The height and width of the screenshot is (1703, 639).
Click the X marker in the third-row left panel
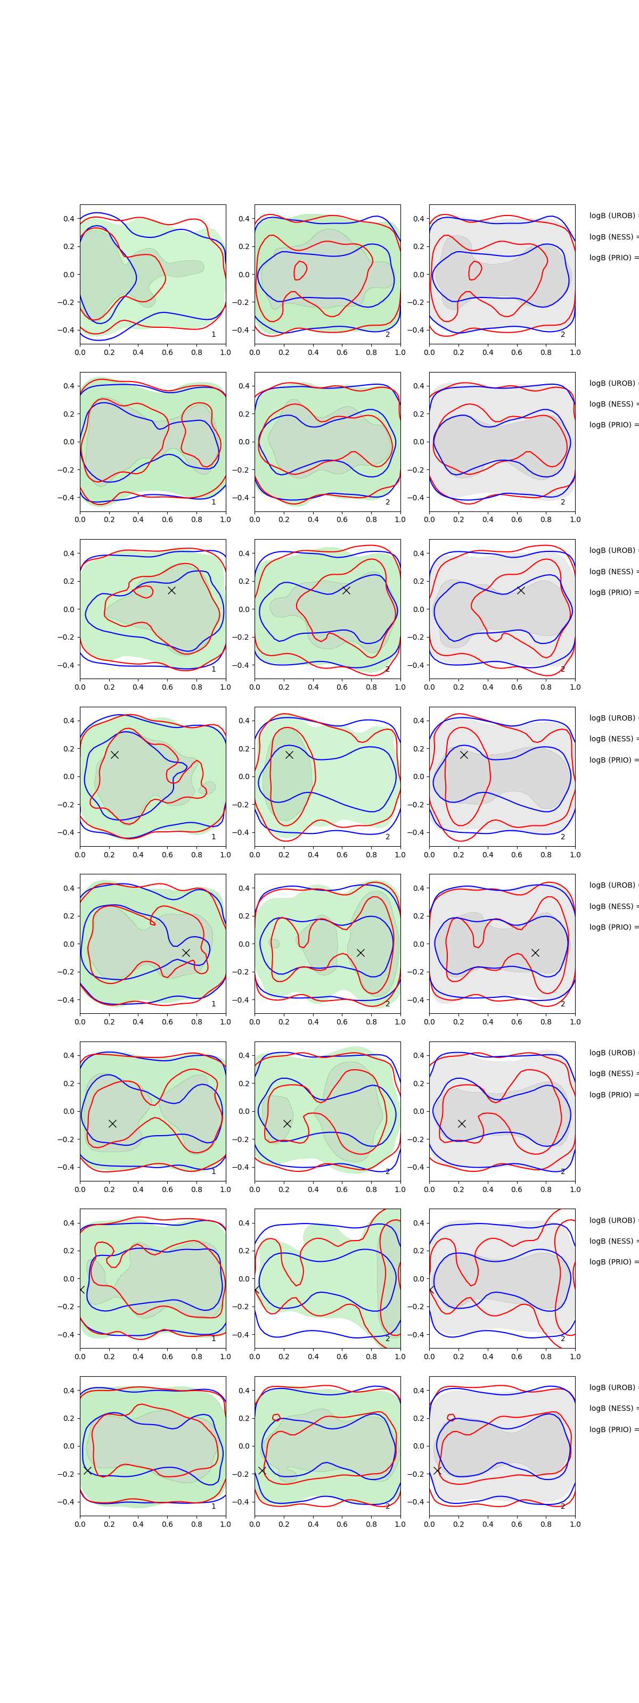171,590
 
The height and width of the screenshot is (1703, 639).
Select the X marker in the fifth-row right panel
535,953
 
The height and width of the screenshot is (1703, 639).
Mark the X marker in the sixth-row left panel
112,1123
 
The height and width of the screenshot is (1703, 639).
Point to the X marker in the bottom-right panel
437,1470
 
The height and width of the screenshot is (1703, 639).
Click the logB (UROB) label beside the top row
612,216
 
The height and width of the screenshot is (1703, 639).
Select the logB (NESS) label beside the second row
612,404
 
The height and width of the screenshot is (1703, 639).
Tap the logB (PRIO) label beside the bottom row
612,1429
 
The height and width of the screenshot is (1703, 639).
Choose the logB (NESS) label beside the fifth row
612,906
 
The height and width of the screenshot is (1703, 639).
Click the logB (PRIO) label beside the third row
612,592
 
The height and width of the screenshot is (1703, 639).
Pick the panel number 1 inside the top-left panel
214,335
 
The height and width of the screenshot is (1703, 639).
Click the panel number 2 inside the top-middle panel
388,335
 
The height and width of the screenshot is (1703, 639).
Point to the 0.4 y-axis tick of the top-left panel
68,219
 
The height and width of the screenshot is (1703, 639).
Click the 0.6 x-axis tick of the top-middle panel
342,352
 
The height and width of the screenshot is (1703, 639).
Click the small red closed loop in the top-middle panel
300,270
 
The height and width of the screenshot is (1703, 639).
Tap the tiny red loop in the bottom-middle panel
276,1417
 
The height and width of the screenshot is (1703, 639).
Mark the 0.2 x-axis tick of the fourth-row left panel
109,855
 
